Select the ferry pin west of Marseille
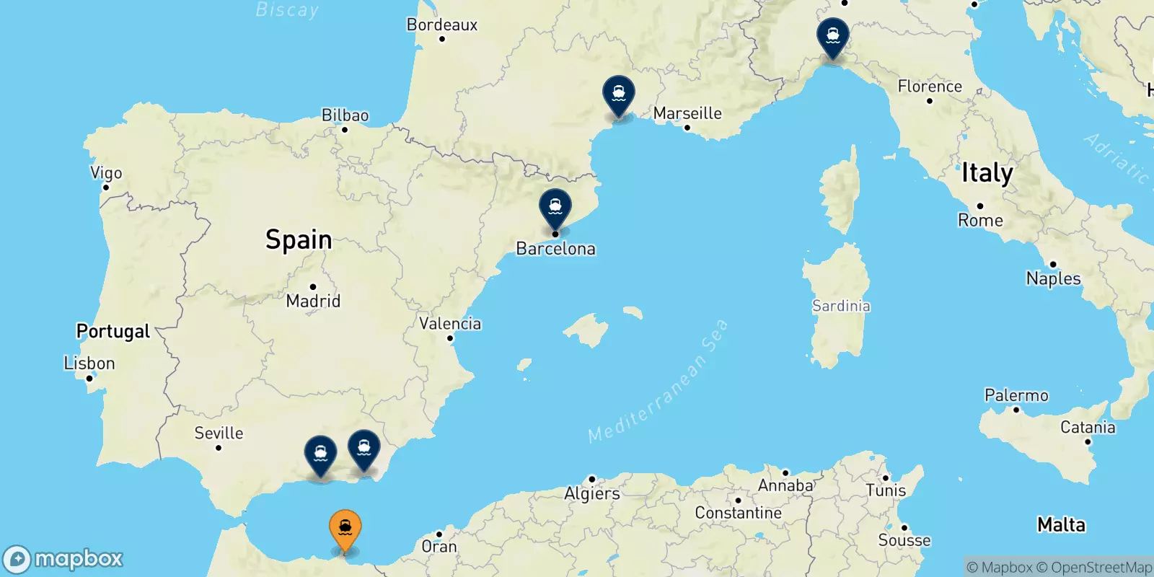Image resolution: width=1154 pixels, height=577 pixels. (619, 95)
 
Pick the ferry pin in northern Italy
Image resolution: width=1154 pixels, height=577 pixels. (833, 36)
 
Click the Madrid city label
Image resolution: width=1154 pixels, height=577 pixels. (313, 301)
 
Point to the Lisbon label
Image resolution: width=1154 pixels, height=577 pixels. (89, 363)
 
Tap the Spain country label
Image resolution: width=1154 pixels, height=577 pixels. (299, 239)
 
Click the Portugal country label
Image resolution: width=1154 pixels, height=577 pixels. (113, 331)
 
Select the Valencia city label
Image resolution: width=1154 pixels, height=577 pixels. (450, 323)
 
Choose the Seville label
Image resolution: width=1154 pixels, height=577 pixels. (219, 433)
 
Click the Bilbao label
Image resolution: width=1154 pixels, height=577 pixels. (345, 115)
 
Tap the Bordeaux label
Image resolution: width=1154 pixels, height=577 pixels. (442, 25)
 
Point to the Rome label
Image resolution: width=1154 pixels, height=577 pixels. (980, 220)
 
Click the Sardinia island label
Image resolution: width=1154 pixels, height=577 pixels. (841, 306)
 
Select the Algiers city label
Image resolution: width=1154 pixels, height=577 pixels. (592, 493)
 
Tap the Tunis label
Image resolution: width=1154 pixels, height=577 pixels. (886, 490)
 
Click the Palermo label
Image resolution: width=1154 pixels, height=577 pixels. (1016, 395)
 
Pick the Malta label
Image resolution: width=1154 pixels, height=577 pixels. (1061, 524)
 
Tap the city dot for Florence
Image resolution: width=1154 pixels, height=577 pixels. (930, 101)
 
